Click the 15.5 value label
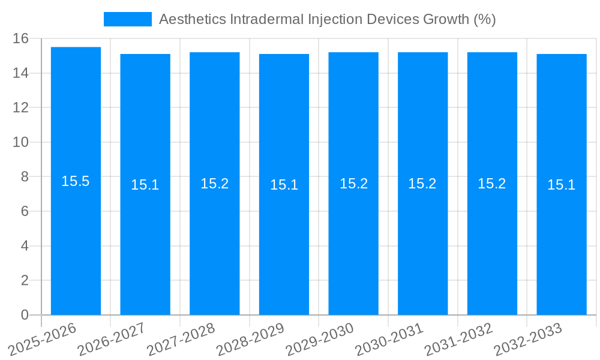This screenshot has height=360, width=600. (x=76, y=181)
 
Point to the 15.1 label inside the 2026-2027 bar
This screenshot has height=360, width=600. (x=145, y=185)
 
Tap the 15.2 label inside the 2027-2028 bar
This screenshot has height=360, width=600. (x=215, y=184)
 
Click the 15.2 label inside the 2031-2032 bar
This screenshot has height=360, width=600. (x=492, y=184)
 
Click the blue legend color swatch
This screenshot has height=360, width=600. (x=128, y=19)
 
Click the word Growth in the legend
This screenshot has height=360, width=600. (x=446, y=19)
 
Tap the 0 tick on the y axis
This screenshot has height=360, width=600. (x=25, y=315)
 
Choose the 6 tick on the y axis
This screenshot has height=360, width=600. (x=25, y=212)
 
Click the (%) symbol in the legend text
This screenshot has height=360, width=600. (x=485, y=19)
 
